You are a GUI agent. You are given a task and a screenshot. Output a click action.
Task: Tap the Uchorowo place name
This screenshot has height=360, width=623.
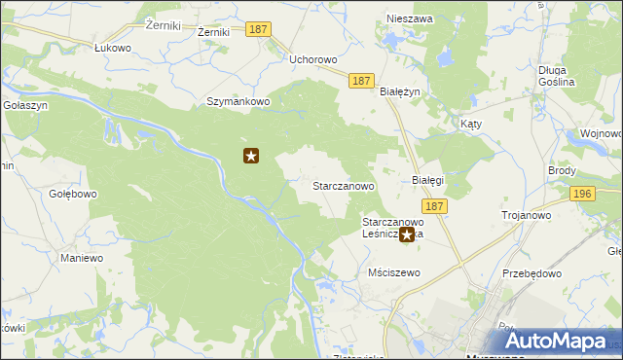pyautogui.click(x=313, y=59)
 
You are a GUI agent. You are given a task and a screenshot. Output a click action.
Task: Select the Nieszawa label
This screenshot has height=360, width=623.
pyautogui.click(x=409, y=18)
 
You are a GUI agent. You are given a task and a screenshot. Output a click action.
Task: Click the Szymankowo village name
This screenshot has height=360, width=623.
pyautogui.click(x=235, y=101)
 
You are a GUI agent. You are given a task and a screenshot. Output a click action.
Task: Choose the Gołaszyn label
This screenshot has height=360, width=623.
pyautogui.click(x=19, y=104)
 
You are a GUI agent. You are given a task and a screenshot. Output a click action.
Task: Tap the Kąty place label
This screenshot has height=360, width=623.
pyautogui.click(x=471, y=126)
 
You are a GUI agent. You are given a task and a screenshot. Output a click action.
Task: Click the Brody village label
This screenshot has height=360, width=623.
pyautogui.click(x=562, y=169)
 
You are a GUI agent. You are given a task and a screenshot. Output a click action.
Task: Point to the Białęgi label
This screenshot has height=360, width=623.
pyautogui.click(x=427, y=180)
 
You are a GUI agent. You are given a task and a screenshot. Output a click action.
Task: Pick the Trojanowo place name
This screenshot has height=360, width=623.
pyautogui.click(x=526, y=215)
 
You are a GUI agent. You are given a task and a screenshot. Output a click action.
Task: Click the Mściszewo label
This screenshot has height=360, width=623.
pyautogui.click(x=394, y=272)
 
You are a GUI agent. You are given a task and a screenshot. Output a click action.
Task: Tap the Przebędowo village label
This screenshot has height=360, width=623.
pyautogui.click(x=533, y=273)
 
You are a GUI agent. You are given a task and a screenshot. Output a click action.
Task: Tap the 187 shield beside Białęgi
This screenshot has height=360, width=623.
pyautogui.click(x=434, y=206)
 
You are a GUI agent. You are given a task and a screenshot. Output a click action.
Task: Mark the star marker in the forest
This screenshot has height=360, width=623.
pyautogui.click(x=251, y=155)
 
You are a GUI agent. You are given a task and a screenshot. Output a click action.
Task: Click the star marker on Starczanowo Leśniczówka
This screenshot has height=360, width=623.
pyautogui.click(x=406, y=234)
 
